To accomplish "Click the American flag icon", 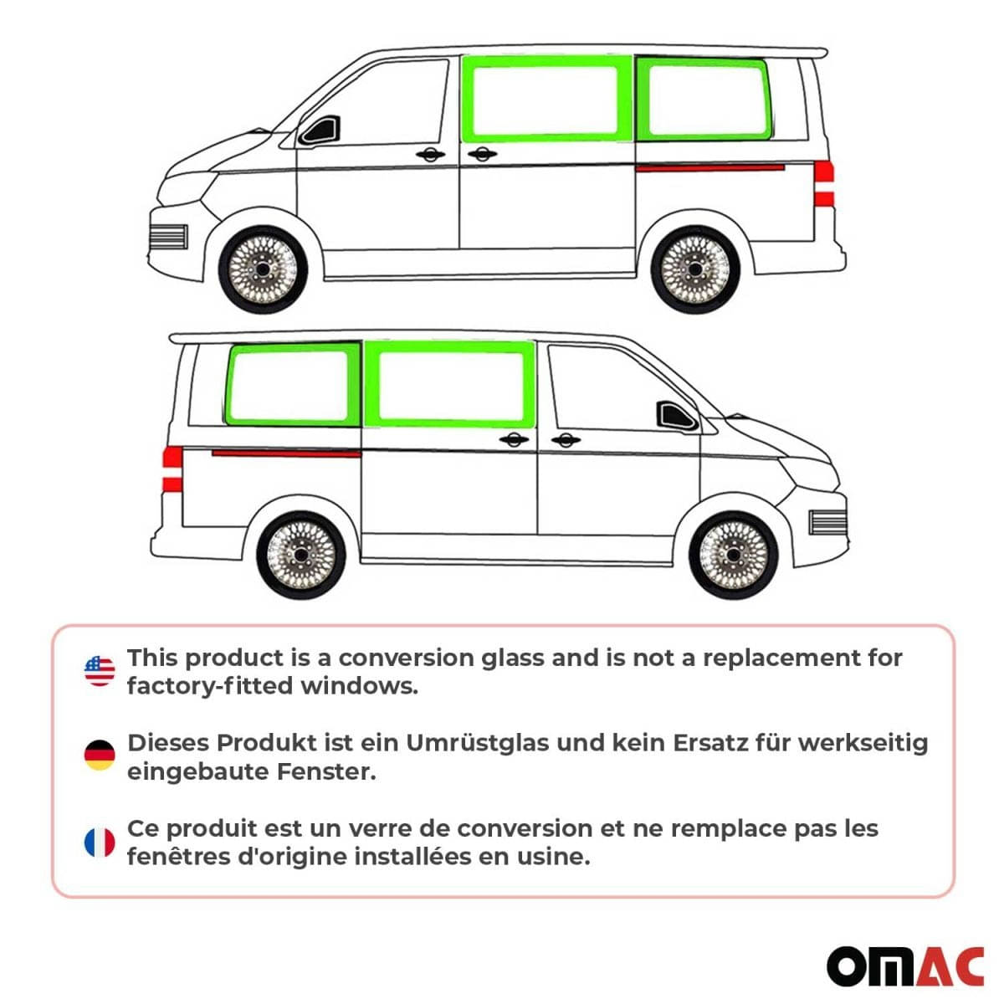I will coord(100,671).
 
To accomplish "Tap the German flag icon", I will coord(100,756).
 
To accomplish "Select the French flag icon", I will coord(100,843).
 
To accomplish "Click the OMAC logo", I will coord(905,967).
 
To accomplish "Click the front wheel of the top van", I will coord(264,270).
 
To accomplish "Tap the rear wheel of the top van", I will coord(695,270).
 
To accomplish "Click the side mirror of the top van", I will coord(321,131).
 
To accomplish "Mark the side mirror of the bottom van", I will coord(675,415).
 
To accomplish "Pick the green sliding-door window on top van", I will coord(545,98).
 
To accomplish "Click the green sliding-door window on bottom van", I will coord(451,385).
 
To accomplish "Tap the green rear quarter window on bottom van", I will coord(290,385).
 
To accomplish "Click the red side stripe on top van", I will coord(709,167).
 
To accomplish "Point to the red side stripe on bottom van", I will coord(285,453).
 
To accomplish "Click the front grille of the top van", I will coord(167,237).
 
